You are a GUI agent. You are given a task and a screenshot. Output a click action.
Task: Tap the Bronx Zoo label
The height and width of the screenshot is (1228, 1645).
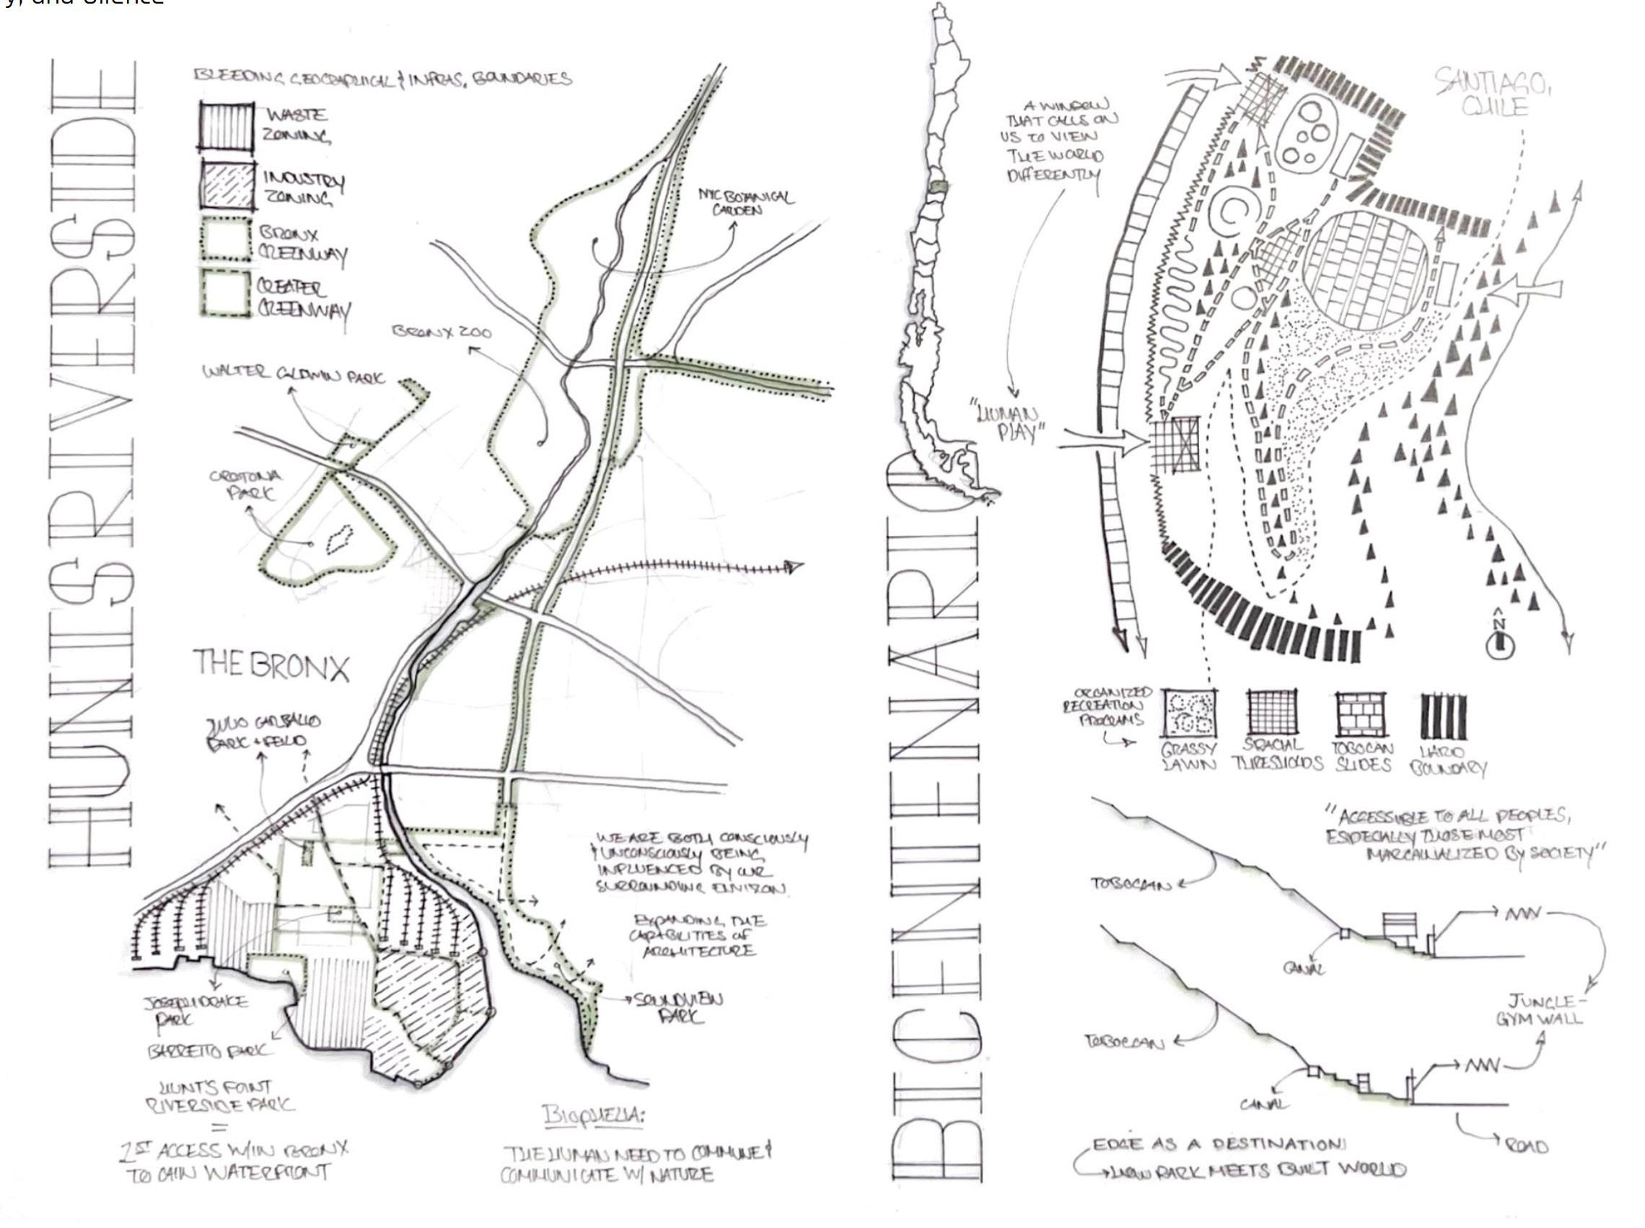[442, 333]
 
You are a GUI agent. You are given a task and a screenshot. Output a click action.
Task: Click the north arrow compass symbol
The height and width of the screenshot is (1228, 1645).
[1499, 641]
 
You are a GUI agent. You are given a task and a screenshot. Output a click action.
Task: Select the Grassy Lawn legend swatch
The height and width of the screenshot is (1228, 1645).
[1189, 715]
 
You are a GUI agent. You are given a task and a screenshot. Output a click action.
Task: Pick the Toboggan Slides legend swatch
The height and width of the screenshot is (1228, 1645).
[1360, 715]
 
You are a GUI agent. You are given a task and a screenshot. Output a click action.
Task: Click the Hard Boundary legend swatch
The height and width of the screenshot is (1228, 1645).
[1445, 715]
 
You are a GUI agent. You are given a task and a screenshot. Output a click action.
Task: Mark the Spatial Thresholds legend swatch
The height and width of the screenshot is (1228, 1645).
[1274, 715]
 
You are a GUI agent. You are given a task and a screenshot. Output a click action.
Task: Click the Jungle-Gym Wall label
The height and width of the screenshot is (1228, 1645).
[1539, 1010]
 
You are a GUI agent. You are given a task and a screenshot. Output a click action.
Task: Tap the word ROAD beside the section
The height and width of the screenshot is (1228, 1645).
[1525, 1146]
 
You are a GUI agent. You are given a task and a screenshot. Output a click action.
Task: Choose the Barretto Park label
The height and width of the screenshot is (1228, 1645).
[210, 1051]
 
